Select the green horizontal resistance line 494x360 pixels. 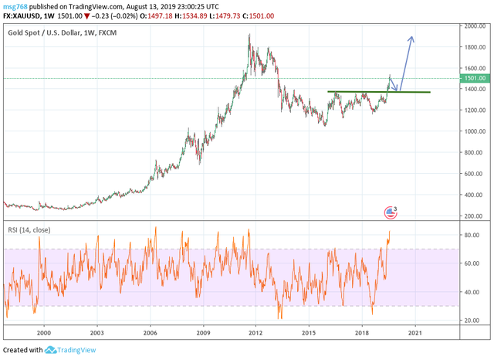click(x=378, y=92)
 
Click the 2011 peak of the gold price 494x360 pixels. click(x=249, y=35)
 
